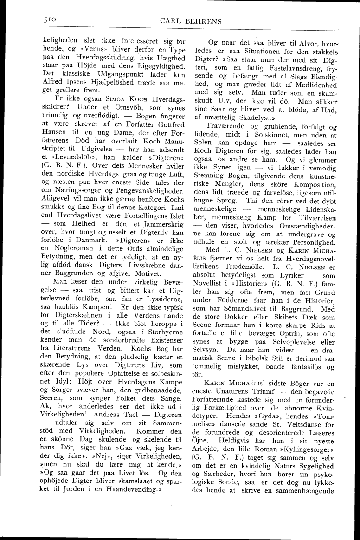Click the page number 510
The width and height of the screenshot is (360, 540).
(x=47, y=20)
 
